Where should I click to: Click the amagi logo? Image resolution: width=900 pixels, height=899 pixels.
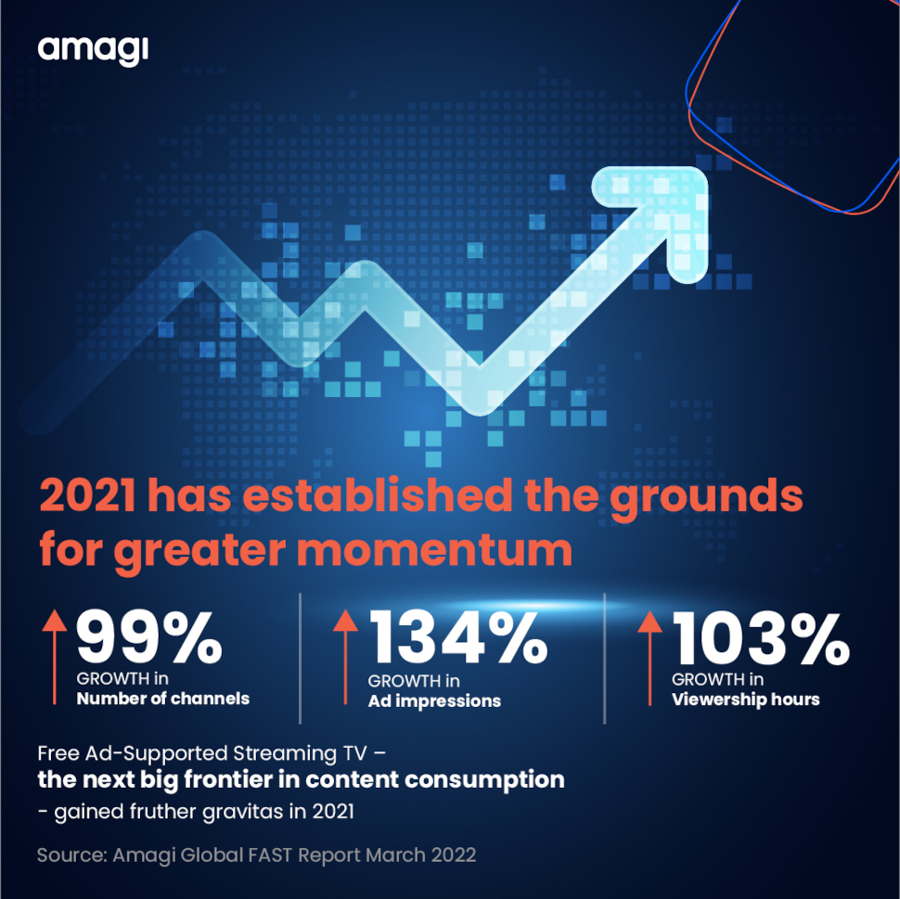(x=93, y=50)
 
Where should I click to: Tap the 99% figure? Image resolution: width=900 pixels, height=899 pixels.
(x=149, y=637)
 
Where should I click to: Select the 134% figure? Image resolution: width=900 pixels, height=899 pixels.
(x=458, y=637)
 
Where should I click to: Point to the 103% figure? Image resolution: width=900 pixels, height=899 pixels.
(x=761, y=637)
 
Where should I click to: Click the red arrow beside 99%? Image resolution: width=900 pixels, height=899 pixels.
(x=55, y=657)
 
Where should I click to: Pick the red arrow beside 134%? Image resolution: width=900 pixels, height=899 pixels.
(x=345, y=657)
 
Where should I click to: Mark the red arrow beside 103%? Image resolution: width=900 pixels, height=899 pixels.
(x=649, y=658)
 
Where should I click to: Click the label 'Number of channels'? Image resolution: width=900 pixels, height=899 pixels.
(x=163, y=698)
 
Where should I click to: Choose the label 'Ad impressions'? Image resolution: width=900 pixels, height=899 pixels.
(x=434, y=701)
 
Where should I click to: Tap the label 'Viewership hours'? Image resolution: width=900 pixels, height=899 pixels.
(x=746, y=700)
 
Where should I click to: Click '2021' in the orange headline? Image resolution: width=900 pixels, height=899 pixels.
(x=88, y=496)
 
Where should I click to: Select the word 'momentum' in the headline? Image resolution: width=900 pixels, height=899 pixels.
(x=434, y=551)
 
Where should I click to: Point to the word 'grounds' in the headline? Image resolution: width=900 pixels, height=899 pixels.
(x=706, y=498)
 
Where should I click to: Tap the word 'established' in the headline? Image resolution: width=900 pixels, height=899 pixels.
(x=377, y=495)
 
